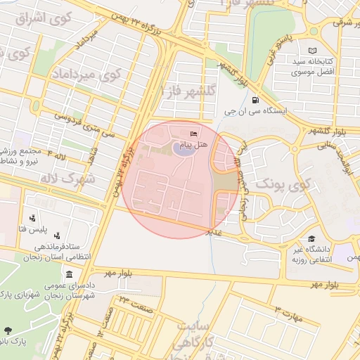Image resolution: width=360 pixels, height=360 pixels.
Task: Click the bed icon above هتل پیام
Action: [194, 134]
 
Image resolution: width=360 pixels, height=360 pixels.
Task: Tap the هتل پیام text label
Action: [192, 145]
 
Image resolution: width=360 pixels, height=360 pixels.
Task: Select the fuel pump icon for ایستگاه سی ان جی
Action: [255, 99]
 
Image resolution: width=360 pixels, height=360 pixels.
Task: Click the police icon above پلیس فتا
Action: [32, 219]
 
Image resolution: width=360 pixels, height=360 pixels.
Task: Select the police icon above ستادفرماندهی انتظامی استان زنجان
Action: [57, 236]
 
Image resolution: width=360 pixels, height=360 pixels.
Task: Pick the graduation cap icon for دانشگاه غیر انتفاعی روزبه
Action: [311, 239]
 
